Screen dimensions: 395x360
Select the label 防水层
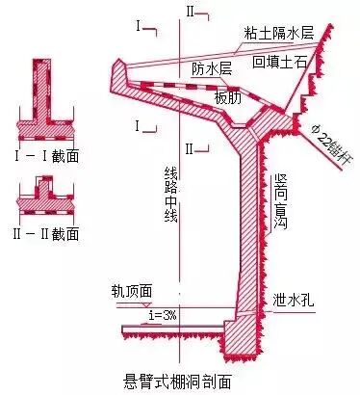pyautogui.click(x=212, y=68)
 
